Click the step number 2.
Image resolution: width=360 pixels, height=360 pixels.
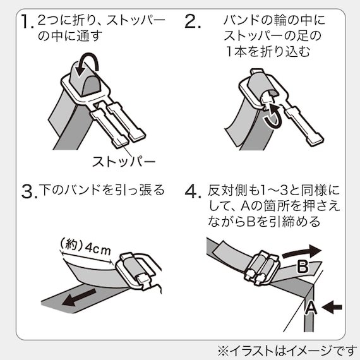193,23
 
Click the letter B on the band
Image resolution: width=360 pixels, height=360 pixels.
302,267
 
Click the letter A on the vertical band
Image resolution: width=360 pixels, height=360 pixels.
309,308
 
